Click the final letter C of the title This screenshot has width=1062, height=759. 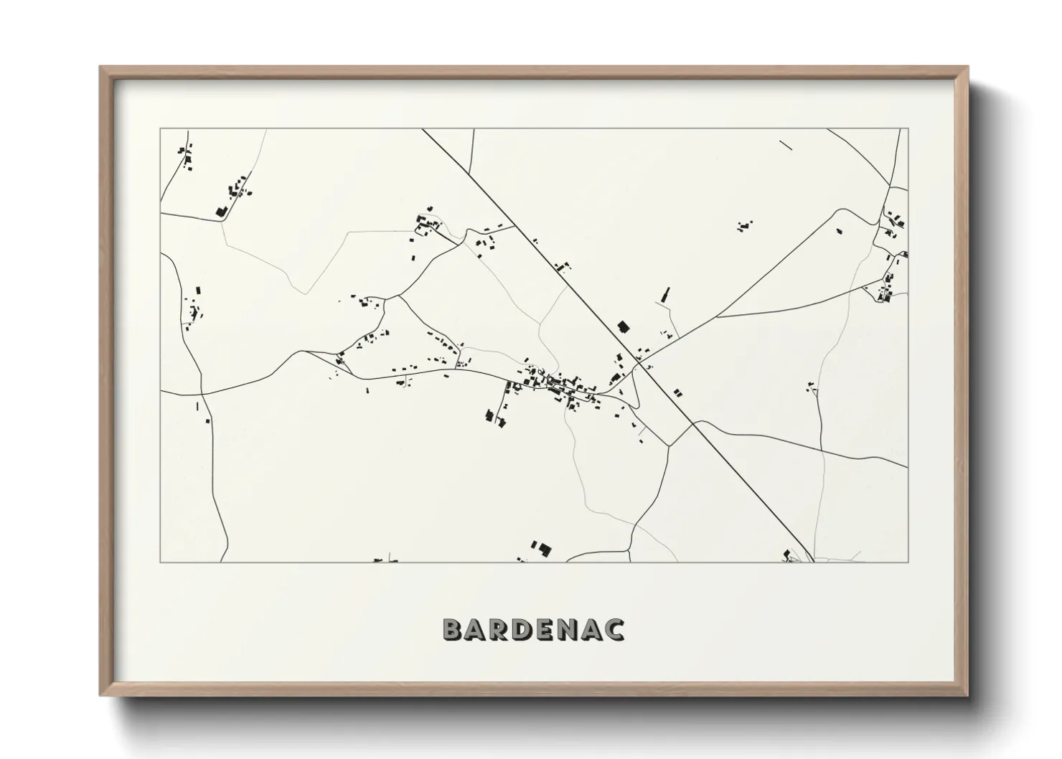click(614, 629)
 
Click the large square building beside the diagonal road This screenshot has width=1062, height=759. click(623, 327)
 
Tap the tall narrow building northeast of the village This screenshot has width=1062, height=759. click(665, 295)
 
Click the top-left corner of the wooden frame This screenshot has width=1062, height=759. click(101, 68)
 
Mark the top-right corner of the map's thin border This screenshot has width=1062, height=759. click(908, 129)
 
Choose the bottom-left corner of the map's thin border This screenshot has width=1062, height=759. click(160, 562)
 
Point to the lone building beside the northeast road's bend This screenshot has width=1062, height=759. click(837, 231)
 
